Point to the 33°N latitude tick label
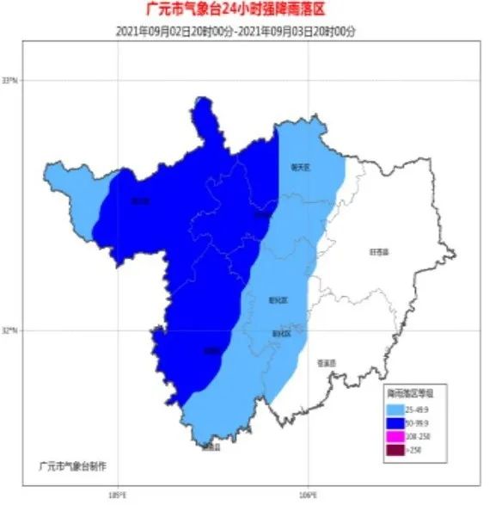pos(11,80)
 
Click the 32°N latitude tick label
pos(11,329)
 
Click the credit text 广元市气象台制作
pos(72,465)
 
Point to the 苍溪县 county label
pos(325,361)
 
